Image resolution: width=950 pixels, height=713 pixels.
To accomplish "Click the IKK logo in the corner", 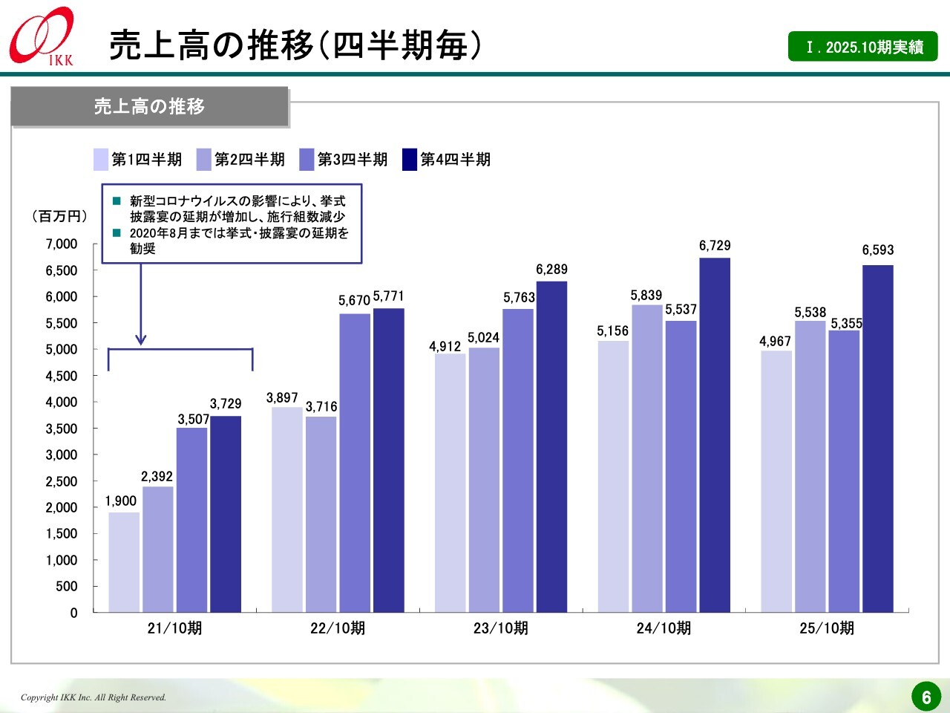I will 42,36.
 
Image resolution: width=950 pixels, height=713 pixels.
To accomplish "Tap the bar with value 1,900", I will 124,561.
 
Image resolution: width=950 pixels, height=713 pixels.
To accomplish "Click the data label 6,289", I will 551,270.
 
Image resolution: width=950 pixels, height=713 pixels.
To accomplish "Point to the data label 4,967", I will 775,342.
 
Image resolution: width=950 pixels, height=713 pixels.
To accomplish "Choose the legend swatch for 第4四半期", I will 410,160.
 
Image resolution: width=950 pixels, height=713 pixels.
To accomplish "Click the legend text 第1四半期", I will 146,160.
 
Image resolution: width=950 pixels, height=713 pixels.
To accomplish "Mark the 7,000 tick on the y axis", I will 62,244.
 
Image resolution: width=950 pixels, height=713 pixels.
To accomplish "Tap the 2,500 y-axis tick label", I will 62,481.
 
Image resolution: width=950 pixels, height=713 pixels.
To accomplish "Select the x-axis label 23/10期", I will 501,628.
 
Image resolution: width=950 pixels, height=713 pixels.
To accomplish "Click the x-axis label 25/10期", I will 827,628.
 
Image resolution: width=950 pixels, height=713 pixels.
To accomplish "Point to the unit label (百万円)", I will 59,216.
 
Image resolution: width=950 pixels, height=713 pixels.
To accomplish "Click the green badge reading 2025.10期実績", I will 863,47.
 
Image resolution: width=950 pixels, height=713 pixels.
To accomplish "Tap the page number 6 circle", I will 926,697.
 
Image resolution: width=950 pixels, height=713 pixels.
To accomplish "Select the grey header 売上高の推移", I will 149,107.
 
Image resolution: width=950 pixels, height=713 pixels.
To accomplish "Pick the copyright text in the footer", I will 94,697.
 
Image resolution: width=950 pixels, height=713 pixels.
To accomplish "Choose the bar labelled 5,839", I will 647,458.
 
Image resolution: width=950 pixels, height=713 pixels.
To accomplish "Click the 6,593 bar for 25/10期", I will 878,438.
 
